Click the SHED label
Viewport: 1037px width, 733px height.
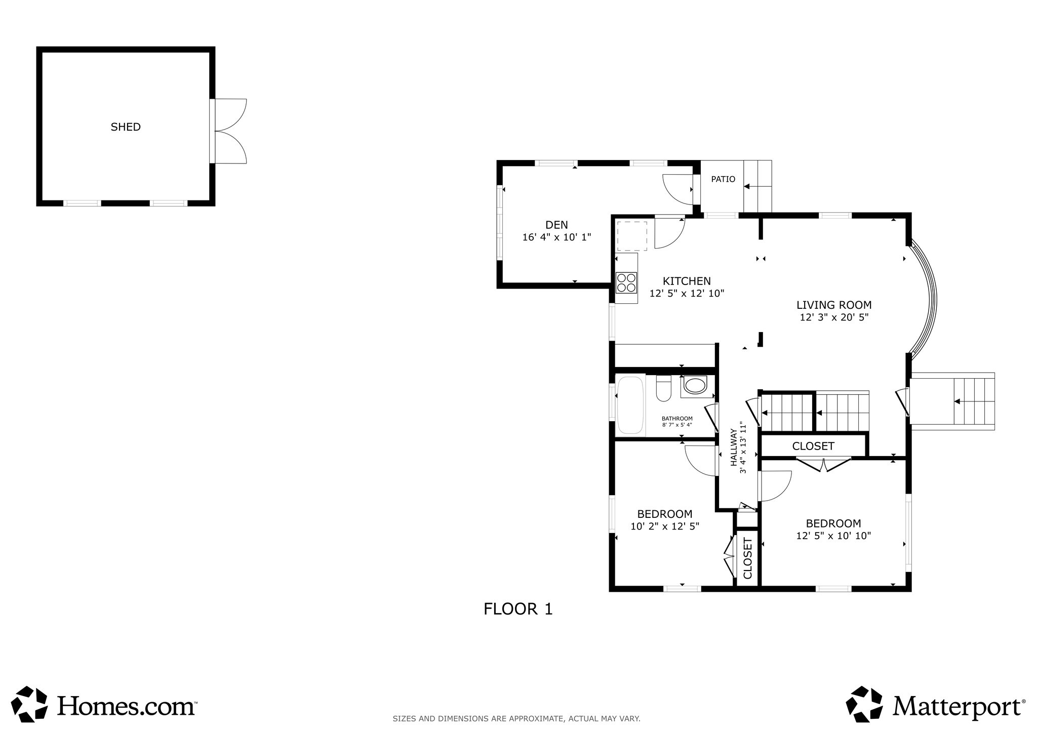click(126, 127)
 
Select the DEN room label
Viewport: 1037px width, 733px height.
click(556, 225)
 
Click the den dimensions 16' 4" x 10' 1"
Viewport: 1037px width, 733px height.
click(556, 237)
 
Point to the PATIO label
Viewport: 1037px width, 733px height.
click(723, 179)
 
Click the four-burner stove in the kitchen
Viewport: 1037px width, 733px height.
click(626, 282)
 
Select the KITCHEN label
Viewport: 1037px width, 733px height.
click(687, 281)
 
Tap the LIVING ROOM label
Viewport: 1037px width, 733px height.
click(834, 305)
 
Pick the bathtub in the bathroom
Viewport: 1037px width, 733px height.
click(630, 405)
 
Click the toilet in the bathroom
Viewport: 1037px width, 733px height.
click(663, 388)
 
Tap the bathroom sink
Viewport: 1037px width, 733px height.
click(695, 386)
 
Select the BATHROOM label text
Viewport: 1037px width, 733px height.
click(677, 419)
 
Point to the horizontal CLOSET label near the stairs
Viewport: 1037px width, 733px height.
click(813, 446)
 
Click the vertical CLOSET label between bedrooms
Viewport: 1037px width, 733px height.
click(747, 558)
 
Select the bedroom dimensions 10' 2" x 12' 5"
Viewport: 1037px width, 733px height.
click(664, 526)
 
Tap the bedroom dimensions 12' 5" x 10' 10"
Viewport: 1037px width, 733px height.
click(833, 536)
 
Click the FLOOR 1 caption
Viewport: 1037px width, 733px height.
click(518, 609)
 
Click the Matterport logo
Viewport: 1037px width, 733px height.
click(936, 705)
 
